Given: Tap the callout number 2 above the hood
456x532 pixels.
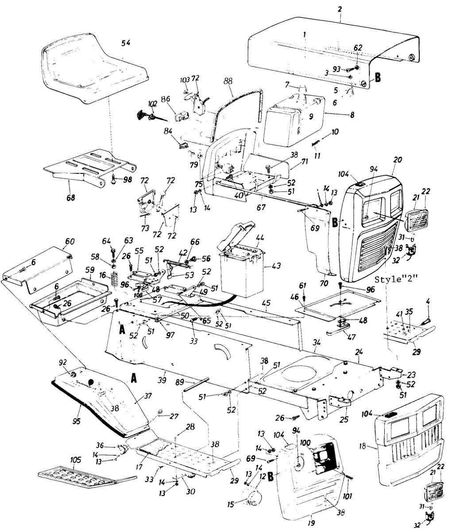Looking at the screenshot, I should [340, 8].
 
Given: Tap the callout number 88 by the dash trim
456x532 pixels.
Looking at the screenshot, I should [228, 82].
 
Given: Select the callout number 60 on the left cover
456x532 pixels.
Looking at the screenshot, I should [70, 241].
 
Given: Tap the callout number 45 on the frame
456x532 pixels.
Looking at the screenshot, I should [266, 304].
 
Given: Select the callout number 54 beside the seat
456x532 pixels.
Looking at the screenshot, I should [126, 43].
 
